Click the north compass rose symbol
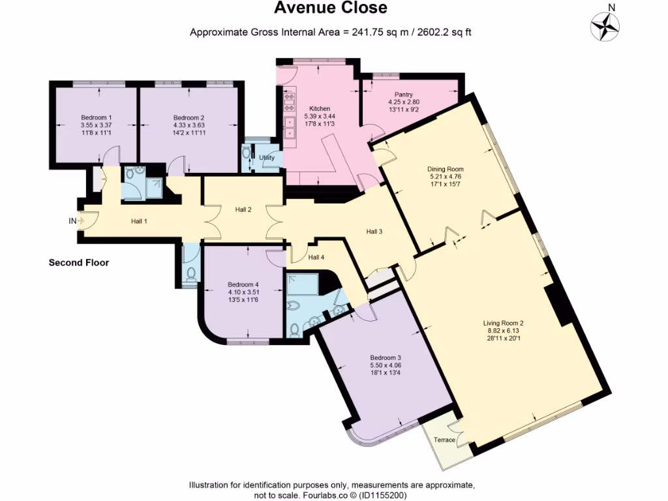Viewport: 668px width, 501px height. click(x=605, y=27)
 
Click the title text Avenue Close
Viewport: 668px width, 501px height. click(x=330, y=8)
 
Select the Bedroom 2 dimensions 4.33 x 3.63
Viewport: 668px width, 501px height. click(x=189, y=125)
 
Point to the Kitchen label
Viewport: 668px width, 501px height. click(x=320, y=108)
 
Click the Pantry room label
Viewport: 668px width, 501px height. click(x=403, y=95)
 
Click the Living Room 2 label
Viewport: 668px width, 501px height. click(x=504, y=323)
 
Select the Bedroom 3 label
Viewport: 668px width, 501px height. click(x=385, y=357)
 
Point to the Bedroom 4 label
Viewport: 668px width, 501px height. click(x=243, y=284)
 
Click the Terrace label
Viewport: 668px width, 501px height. click(x=445, y=440)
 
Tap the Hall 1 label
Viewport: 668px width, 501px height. click(x=139, y=222)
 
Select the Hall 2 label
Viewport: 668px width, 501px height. click(x=243, y=209)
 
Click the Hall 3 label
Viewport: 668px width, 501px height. click(x=374, y=232)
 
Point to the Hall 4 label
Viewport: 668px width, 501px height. click(x=316, y=257)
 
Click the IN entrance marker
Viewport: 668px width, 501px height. click(x=72, y=221)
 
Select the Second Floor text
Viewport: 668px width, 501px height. click(x=79, y=263)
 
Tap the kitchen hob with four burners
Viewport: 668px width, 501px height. click(x=289, y=100)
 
